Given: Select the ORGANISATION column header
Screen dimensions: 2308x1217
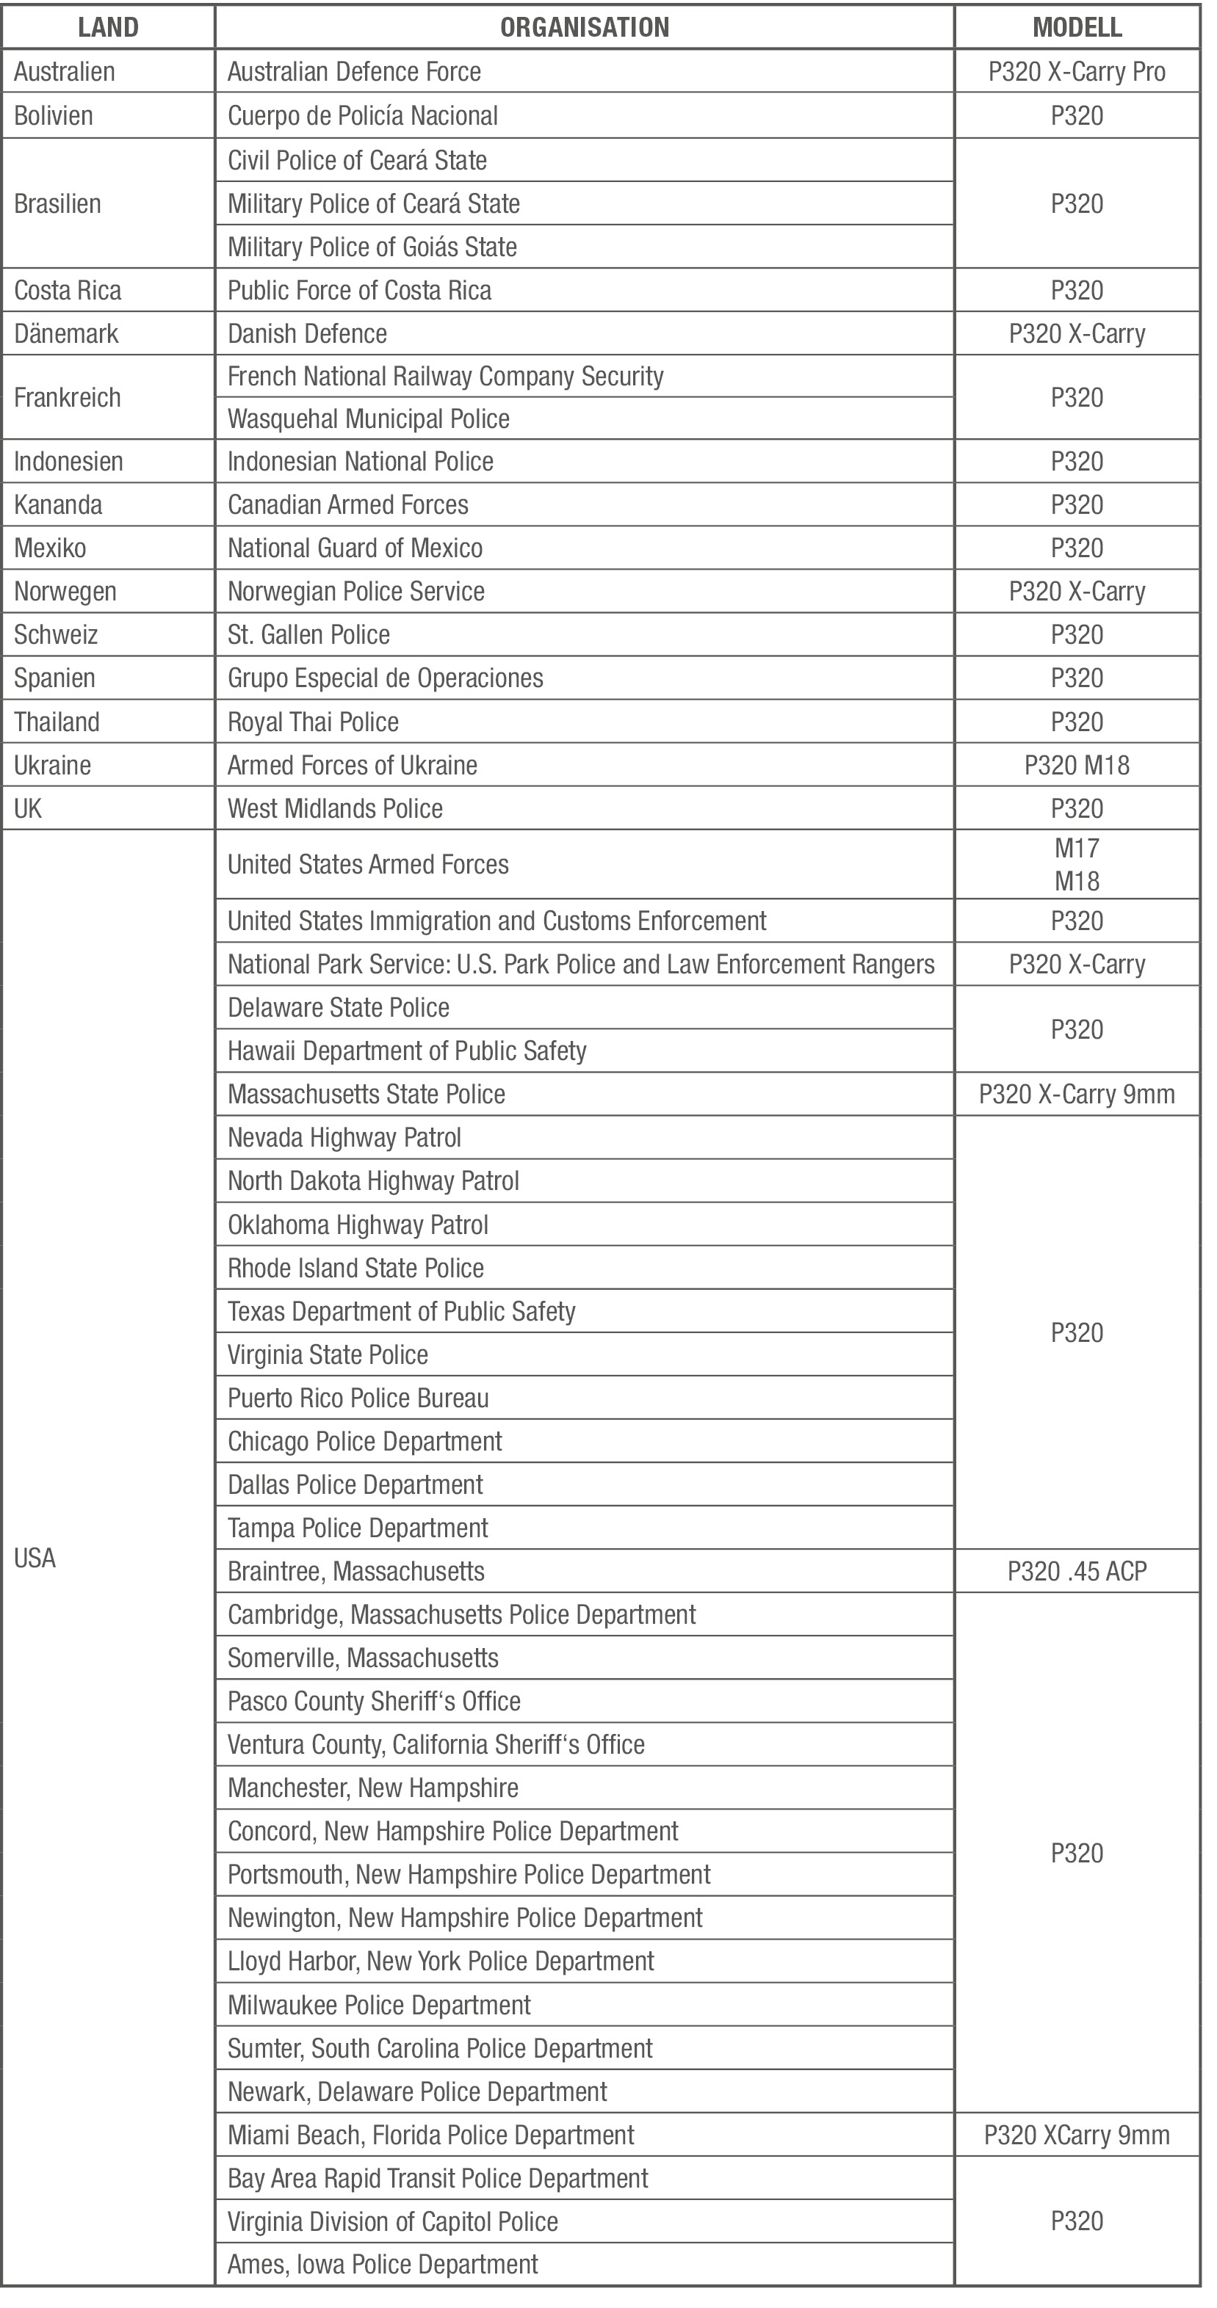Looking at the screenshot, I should click(585, 27).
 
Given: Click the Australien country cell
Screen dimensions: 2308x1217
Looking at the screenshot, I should click(65, 72).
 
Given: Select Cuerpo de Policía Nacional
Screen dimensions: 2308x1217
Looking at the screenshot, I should click(362, 115).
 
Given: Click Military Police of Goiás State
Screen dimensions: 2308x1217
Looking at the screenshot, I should click(372, 247).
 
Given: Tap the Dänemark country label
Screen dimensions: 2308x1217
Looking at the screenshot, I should click(66, 333).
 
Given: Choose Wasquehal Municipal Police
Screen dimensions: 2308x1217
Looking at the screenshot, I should click(368, 418).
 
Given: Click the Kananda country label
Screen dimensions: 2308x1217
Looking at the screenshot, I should click(58, 504).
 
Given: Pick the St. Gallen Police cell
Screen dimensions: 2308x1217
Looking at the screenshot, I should click(308, 634).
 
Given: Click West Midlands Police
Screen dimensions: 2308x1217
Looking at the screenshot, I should click(335, 808).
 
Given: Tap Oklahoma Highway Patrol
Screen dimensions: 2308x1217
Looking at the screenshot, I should click(358, 1224).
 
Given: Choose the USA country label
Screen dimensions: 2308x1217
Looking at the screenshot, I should click(35, 1558).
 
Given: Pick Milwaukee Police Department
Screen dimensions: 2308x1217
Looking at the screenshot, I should click(379, 2005).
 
